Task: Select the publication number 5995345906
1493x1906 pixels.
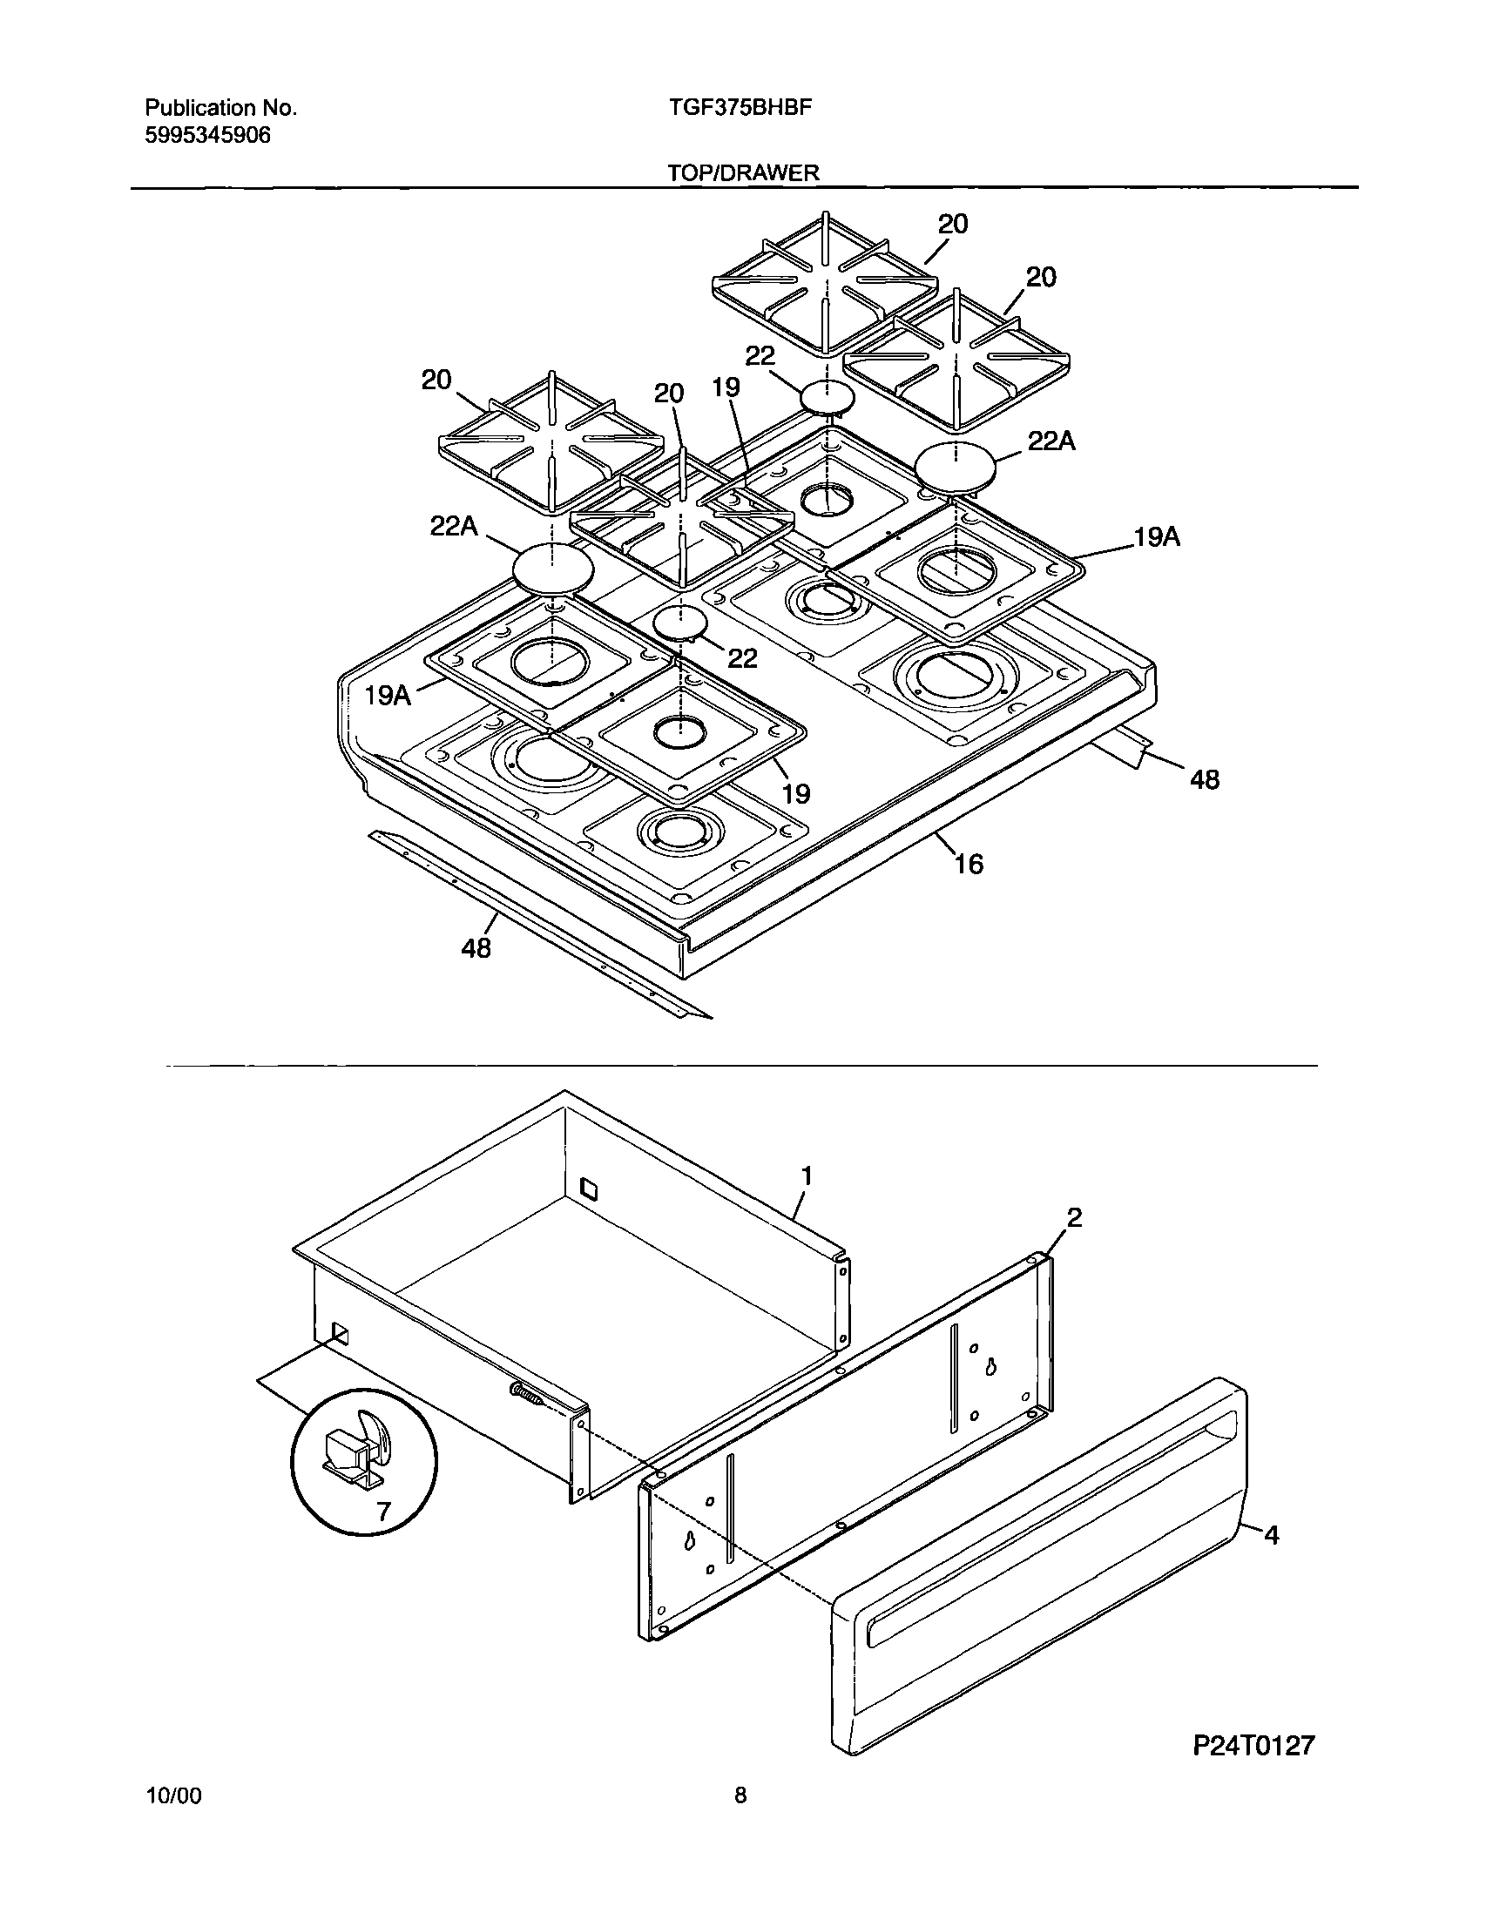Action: [x=207, y=135]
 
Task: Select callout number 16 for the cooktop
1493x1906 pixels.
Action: [x=969, y=865]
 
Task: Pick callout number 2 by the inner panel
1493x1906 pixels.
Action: [x=1074, y=1217]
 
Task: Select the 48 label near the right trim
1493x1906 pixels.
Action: [x=1205, y=779]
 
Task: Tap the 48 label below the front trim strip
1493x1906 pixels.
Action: [x=476, y=947]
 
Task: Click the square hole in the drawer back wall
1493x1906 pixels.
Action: [x=589, y=1189]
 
